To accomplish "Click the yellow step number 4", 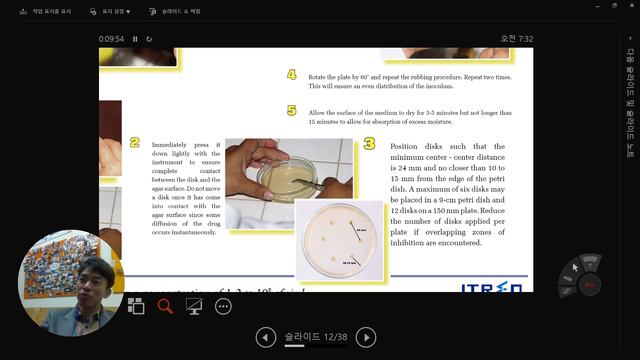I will point(292,75).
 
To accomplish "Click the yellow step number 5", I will point(292,111).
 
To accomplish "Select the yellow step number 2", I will point(135,144).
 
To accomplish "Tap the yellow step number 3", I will point(369,145).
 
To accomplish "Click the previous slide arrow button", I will point(265,337).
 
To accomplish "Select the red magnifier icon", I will point(165,306).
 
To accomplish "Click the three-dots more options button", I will point(223,306).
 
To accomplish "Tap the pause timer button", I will point(135,39).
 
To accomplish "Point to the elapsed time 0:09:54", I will point(111,39).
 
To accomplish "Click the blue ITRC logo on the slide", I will point(491,288).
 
